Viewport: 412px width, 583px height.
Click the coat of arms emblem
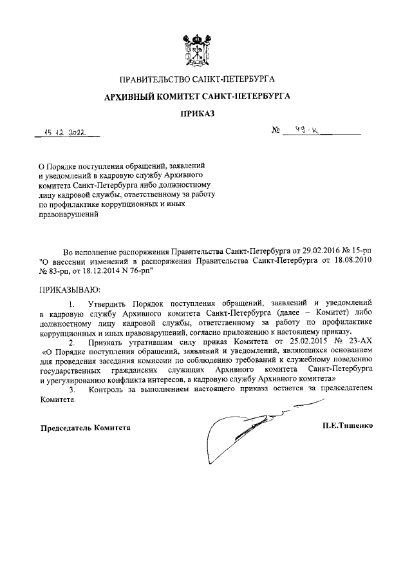click(198, 49)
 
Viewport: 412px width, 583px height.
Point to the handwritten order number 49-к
click(301, 131)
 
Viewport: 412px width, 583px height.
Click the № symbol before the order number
click(277, 132)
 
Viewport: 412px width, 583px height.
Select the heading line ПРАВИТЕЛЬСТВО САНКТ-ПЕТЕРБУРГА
click(198, 80)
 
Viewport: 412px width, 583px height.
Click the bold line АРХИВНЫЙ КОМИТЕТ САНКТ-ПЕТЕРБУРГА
click(198, 97)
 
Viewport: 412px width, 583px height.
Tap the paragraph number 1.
click(71, 302)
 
